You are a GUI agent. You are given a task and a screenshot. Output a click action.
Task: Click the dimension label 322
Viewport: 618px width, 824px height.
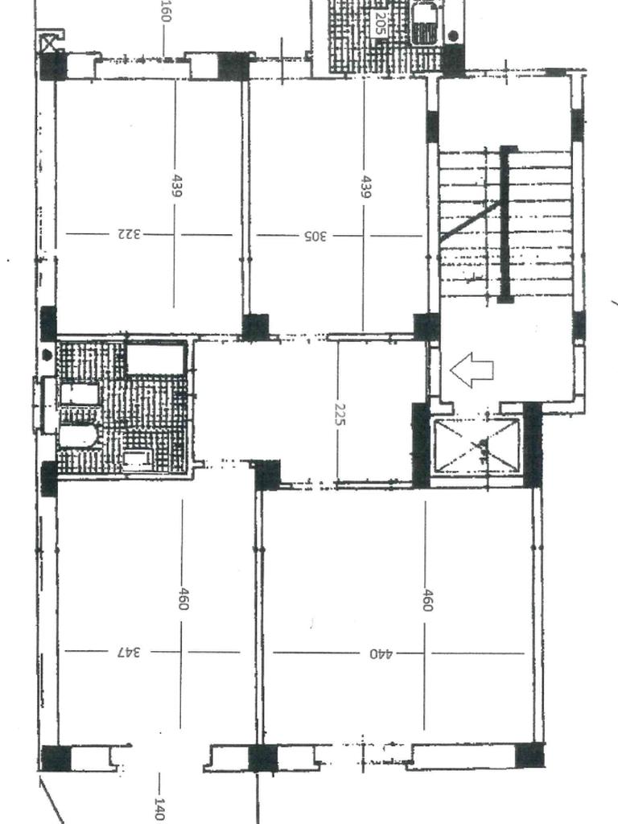[130, 234]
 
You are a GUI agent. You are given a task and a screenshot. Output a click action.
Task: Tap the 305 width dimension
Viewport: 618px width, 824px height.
[315, 236]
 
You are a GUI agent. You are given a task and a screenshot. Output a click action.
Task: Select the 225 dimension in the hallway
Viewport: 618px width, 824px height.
[340, 414]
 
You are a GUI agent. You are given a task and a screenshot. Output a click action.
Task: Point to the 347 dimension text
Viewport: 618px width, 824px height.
[130, 652]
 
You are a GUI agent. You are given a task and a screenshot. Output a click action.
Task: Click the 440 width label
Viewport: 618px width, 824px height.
[381, 653]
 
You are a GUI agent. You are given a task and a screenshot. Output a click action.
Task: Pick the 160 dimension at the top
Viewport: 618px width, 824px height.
[166, 10]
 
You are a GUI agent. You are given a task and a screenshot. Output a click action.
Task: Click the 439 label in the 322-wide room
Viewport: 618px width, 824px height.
[177, 186]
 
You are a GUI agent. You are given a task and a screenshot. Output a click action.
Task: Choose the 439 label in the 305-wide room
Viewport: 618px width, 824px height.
[366, 187]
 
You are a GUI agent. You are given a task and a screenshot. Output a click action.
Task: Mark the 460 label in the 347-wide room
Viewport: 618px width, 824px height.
[183, 599]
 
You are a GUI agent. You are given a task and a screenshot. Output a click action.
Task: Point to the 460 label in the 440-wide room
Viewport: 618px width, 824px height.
[427, 600]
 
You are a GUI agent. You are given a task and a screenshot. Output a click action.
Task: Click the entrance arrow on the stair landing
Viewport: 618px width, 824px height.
[472, 370]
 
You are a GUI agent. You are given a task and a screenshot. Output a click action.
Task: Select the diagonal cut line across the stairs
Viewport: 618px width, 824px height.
[469, 222]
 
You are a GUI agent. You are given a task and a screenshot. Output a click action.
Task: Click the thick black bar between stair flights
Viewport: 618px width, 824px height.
[505, 225]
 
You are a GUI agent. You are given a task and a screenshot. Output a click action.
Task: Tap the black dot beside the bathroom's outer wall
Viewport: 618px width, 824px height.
[47, 355]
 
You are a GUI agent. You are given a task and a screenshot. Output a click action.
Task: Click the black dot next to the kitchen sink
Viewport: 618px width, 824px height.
[453, 35]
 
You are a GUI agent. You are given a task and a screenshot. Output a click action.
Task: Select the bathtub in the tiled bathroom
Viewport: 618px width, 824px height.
[157, 358]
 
